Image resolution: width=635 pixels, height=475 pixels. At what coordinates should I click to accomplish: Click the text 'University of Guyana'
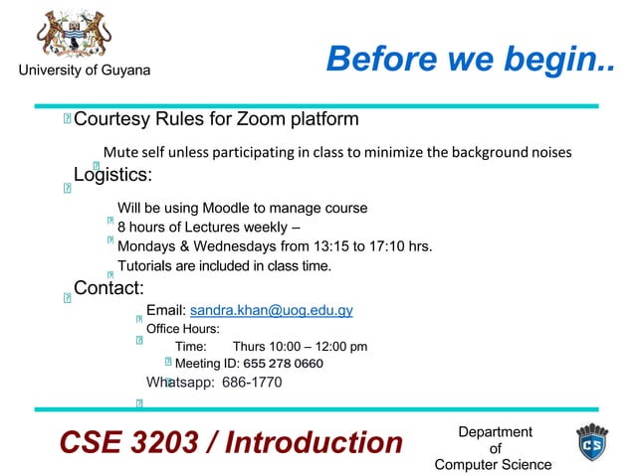(84, 71)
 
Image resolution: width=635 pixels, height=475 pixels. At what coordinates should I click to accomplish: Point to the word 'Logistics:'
(112, 175)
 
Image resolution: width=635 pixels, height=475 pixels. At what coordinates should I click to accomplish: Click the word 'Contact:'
(109, 288)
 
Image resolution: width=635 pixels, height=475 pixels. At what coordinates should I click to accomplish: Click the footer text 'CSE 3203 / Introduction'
(230, 442)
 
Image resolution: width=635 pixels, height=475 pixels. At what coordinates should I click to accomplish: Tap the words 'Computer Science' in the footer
(494, 464)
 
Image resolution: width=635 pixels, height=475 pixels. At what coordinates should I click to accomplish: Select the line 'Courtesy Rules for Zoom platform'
(216, 120)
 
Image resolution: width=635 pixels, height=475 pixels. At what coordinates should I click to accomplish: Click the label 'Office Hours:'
(183, 329)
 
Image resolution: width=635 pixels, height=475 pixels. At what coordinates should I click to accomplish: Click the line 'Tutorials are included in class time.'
(224, 265)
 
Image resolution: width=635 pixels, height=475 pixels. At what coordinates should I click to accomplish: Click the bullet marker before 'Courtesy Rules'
(66, 121)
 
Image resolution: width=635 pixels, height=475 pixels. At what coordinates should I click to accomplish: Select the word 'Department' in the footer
(495, 431)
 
